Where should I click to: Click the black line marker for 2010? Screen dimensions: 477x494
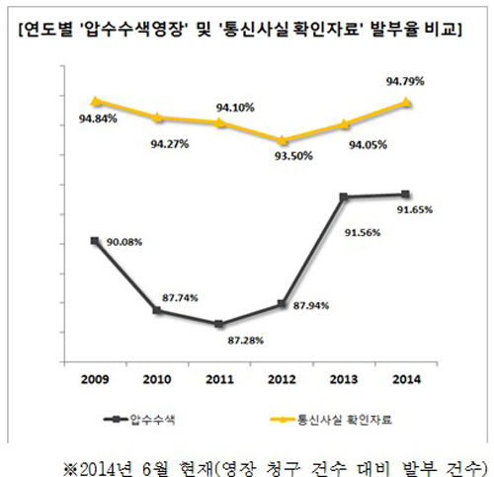(x=157, y=311)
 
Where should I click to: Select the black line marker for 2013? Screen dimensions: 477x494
(x=344, y=197)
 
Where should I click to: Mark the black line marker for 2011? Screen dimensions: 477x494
(x=218, y=324)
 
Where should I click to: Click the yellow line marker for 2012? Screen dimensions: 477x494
(x=282, y=140)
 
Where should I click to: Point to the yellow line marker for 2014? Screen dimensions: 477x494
(x=406, y=102)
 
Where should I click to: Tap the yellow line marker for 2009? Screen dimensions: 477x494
(x=95, y=101)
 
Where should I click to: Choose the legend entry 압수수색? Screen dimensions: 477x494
(x=158, y=420)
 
